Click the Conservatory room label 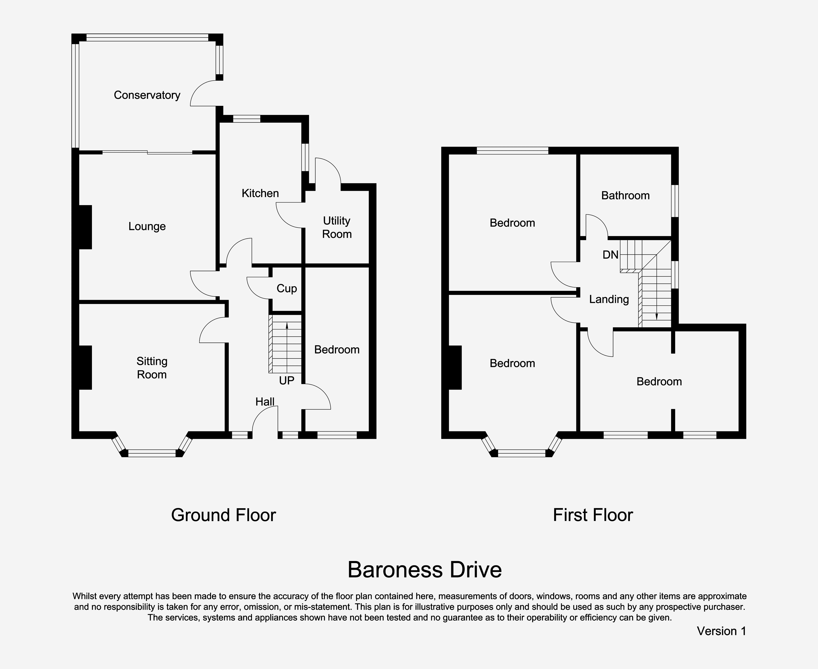147,95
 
